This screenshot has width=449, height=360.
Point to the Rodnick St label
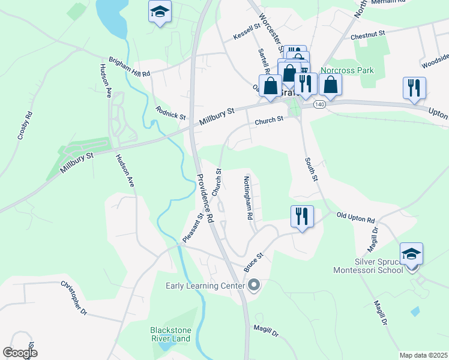pyautogui.click(x=171, y=112)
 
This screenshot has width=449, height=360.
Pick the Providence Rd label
pyautogui.click(x=205, y=199)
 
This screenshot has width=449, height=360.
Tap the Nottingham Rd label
pyautogui.click(x=249, y=197)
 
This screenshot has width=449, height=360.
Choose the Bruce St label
pyautogui.click(x=254, y=262)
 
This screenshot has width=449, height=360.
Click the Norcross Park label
pyautogui.click(x=347, y=70)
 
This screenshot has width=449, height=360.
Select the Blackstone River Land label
pyautogui.click(x=170, y=334)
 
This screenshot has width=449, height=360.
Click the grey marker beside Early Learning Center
pyautogui.click(x=253, y=285)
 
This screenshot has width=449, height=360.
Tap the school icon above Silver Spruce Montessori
pyautogui.click(x=411, y=254)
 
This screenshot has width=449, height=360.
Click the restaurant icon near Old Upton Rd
pyautogui.click(x=301, y=216)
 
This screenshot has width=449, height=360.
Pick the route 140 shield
pyautogui.click(x=319, y=104)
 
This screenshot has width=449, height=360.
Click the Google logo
pyautogui.click(x=20, y=353)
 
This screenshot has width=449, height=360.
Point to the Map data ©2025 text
pyautogui.click(x=423, y=355)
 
